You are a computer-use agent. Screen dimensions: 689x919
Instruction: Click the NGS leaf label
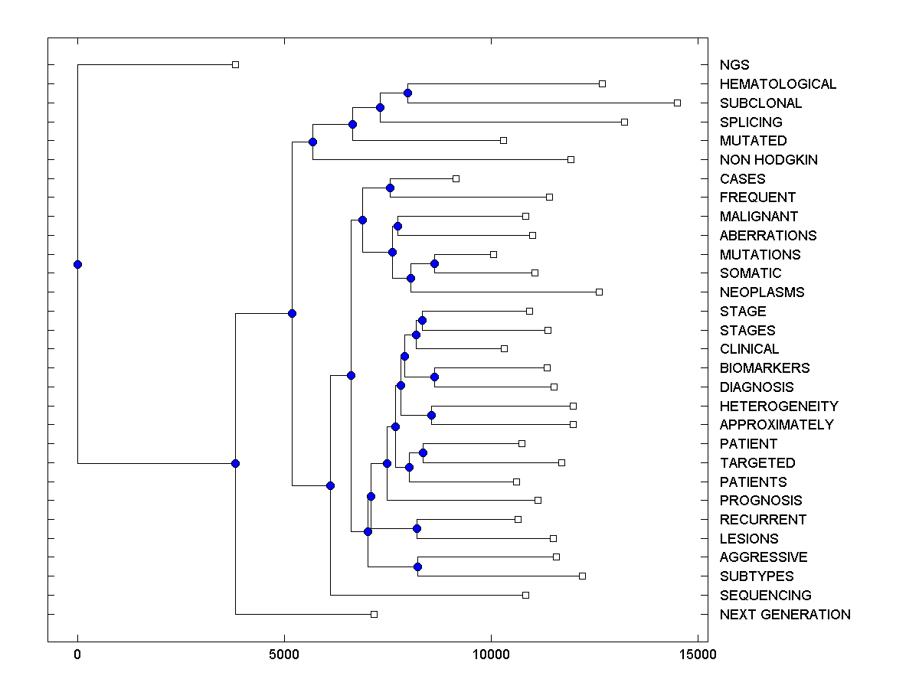click(734, 65)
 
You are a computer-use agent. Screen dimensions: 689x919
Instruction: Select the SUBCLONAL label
click(760, 103)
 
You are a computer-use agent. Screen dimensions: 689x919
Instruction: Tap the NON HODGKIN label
click(768, 160)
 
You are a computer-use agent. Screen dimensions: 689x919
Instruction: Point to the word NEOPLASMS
click(762, 292)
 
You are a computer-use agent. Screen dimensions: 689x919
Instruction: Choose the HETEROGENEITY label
click(779, 407)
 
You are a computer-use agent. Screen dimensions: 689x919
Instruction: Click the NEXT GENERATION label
click(785, 615)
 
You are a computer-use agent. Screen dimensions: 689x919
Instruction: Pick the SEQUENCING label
click(765, 596)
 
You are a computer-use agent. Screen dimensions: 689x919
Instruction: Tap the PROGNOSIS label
click(760, 501)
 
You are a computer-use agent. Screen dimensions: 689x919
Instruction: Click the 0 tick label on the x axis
click(77, 655)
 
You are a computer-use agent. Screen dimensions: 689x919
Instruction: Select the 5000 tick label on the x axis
click(284, 655)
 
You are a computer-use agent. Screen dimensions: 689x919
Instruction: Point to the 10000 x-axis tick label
click(491, 655)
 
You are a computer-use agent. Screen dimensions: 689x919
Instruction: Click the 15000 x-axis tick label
click(698, 655)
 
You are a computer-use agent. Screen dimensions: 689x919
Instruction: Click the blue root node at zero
click(77, 264)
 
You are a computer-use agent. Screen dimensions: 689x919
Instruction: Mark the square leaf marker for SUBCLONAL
click(677, 103)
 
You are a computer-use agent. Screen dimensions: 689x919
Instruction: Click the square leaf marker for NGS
click(235, 64)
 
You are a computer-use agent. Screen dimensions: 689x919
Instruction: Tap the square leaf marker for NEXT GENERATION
click(374, 614)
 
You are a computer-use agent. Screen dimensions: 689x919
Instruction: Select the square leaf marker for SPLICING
click(624, 122)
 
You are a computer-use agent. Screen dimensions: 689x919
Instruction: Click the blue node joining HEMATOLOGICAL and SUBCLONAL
click(407, 93)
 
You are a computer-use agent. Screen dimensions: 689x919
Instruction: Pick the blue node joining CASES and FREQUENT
click(390, 188)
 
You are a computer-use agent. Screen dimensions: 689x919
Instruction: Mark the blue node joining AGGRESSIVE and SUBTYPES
click(417, 567)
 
